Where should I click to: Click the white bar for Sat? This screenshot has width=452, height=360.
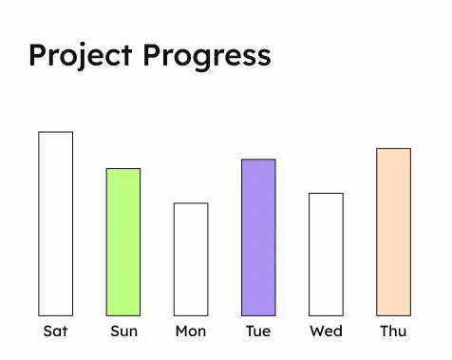pos(55,223)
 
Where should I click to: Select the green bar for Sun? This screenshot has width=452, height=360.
pos(123,241)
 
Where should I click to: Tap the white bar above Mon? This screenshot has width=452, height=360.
pos(191,258)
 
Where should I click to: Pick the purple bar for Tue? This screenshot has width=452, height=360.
pos(258,237)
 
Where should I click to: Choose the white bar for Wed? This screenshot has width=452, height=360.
pos(326,254)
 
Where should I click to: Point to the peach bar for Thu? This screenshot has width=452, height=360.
pos(393,232)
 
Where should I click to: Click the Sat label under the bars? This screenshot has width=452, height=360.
pos(55,332)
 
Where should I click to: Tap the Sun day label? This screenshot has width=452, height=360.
pos(123,332)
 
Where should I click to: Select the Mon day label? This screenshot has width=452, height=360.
pos(191,332)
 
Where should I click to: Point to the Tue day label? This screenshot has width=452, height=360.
pos(258,332)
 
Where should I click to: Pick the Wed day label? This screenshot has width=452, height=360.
pos(326,332)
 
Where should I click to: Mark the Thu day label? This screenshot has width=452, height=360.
pos(393,332)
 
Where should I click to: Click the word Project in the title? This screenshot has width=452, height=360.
pos(80,55)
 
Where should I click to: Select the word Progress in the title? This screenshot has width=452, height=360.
pos(207,55)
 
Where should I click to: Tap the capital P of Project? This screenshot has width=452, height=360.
pos(37,54)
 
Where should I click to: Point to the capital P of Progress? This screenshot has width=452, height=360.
pos(153,54)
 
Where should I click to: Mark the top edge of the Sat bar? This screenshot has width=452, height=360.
pos(55,132)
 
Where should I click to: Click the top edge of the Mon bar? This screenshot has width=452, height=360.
pos(191,203)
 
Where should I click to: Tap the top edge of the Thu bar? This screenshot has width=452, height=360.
pos(393,149)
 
